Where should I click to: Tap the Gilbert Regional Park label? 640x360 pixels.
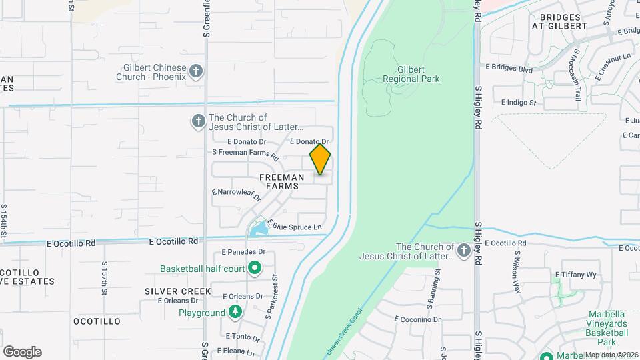[x=411, y=74]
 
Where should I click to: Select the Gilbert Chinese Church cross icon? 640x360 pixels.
[x=196, y=71]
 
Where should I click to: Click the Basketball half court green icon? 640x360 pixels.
[x=254, y=269]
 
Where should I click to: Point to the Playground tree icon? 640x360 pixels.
[x=235, y=313]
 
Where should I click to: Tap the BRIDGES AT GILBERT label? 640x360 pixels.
[x=559, y=21]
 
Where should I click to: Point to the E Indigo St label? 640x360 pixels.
[x=519, y=103]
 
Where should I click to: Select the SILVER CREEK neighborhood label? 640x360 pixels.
[x=173, y=291]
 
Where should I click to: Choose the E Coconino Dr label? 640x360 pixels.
[x=417, y=319]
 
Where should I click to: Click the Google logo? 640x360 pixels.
[x=22, y=351]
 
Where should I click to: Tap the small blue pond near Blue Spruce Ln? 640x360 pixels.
[x=259, y=230]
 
